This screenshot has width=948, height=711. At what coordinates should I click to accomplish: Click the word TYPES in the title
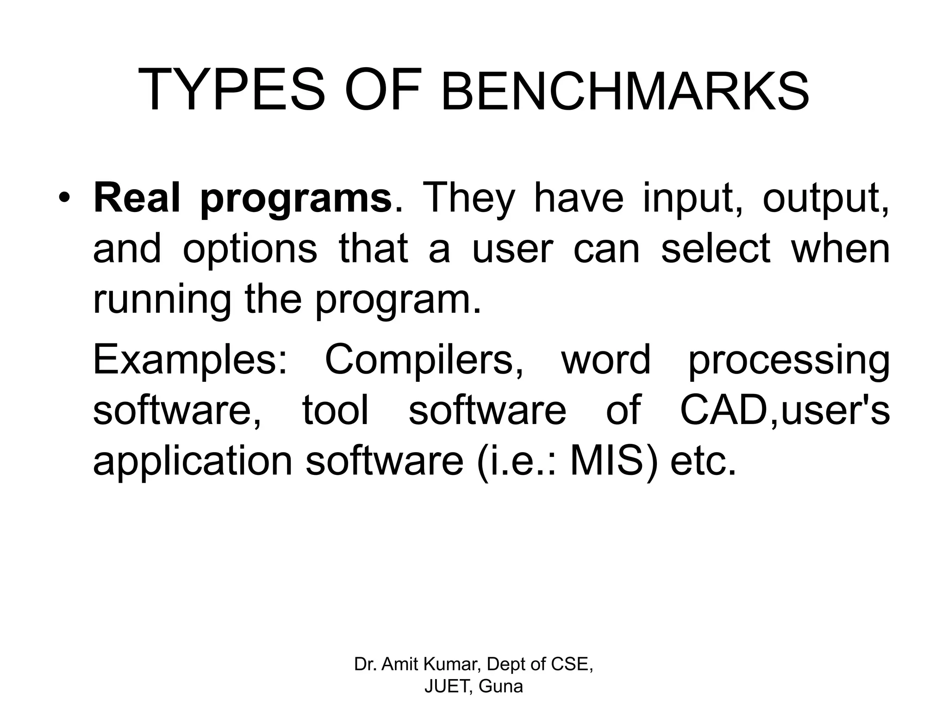[231, 90]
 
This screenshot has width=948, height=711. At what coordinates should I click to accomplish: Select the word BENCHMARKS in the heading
[625, 91]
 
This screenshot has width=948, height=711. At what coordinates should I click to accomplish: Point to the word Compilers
[424, 361]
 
